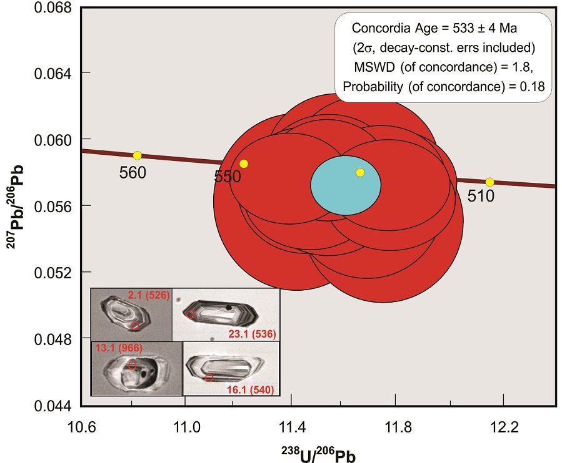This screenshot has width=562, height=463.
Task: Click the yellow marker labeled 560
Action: point(137,155)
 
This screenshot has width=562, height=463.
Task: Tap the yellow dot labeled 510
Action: point(489,182)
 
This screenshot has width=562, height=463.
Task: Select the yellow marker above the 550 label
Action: point(244,163)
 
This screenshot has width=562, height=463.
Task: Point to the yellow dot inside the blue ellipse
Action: point(360,172)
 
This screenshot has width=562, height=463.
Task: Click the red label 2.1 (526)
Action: point(148,295)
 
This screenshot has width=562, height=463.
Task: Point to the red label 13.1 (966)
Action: point(118,348)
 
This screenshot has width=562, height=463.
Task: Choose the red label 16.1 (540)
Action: point(250,389)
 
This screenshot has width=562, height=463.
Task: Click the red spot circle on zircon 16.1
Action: point(209,378)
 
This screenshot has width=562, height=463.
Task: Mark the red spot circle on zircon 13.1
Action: point(133,365)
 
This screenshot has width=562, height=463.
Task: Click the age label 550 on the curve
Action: point(228,177)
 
